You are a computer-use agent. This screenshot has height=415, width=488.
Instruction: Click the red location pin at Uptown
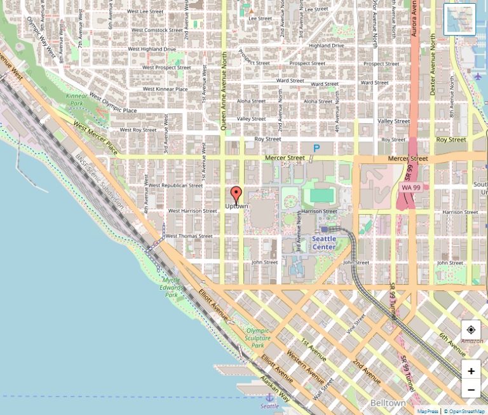pyautogui.click(x=236, y=194)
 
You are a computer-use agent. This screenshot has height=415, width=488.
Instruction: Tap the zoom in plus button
pyautogui.click(x=471, y=371)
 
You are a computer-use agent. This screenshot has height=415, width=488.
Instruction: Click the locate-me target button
pyautogui.click(x=471, y=330)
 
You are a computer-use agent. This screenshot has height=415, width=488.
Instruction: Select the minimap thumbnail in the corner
pyautogui.click(x=459, y=20)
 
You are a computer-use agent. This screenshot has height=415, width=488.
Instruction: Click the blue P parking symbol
pyautogui.click(x=316, y=148)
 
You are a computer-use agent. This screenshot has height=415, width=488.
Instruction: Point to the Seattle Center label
pyautogui.click(x=324, y=243)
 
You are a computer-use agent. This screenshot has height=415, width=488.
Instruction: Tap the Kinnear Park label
pyautogui.click(x=76, y=99)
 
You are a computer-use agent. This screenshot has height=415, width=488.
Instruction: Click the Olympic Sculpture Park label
pyautogui.click(x=258, y=338)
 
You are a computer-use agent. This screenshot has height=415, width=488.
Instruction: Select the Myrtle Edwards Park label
pyautogui.click(x=172, y=287)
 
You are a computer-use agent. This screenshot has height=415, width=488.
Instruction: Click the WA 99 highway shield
pyautogui.click(x=411, y=187)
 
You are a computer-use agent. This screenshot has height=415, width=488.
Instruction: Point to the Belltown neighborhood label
pyautogui.click(x=388, y=404)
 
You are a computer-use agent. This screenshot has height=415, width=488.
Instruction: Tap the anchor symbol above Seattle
pyautogui.click(x=269, y=397)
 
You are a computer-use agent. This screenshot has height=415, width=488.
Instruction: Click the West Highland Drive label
pyautogui.click(x=152, y=49)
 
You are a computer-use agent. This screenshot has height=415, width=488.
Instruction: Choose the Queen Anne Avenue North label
pyautogui.click(x=224, y=92)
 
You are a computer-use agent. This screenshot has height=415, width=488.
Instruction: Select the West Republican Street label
pyautogui.click(x=177, y=186)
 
